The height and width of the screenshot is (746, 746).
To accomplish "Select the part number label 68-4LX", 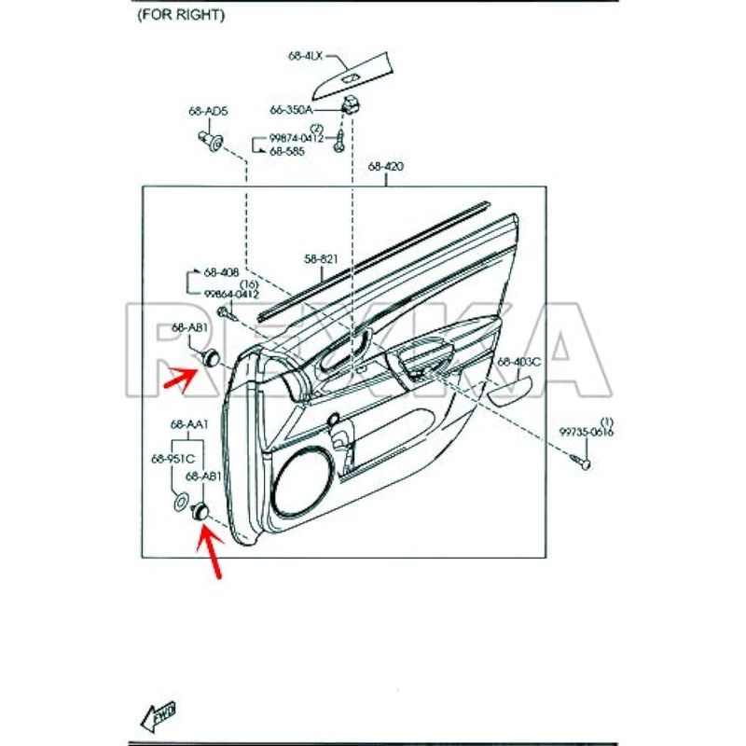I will [x=306, y=57].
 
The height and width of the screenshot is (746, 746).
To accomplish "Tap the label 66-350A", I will [x=292, y=109].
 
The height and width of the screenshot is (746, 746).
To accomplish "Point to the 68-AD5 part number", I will [x=208, y=111].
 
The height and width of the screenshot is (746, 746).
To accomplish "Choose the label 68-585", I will [x=288, y=151].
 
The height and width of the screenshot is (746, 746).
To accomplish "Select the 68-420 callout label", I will [x=385, y=167].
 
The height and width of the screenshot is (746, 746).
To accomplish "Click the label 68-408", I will [x=222, y=272].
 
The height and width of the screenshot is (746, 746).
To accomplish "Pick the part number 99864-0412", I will [x=232, y=294].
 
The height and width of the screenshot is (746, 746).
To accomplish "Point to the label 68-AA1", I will [x=188, y=425].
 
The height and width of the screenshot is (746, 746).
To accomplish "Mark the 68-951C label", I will [x=172, y=458].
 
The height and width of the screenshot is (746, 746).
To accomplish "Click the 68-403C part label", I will [x=518, y=361].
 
